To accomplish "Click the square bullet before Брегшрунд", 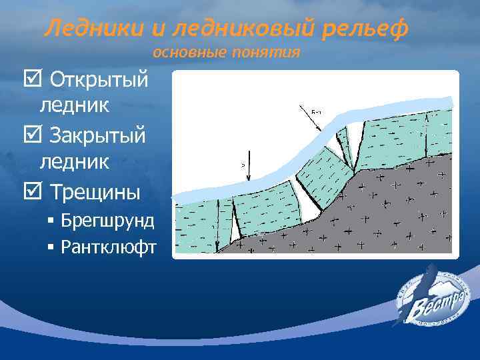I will pos(51,221).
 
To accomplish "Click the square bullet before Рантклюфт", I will pos(51,247).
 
